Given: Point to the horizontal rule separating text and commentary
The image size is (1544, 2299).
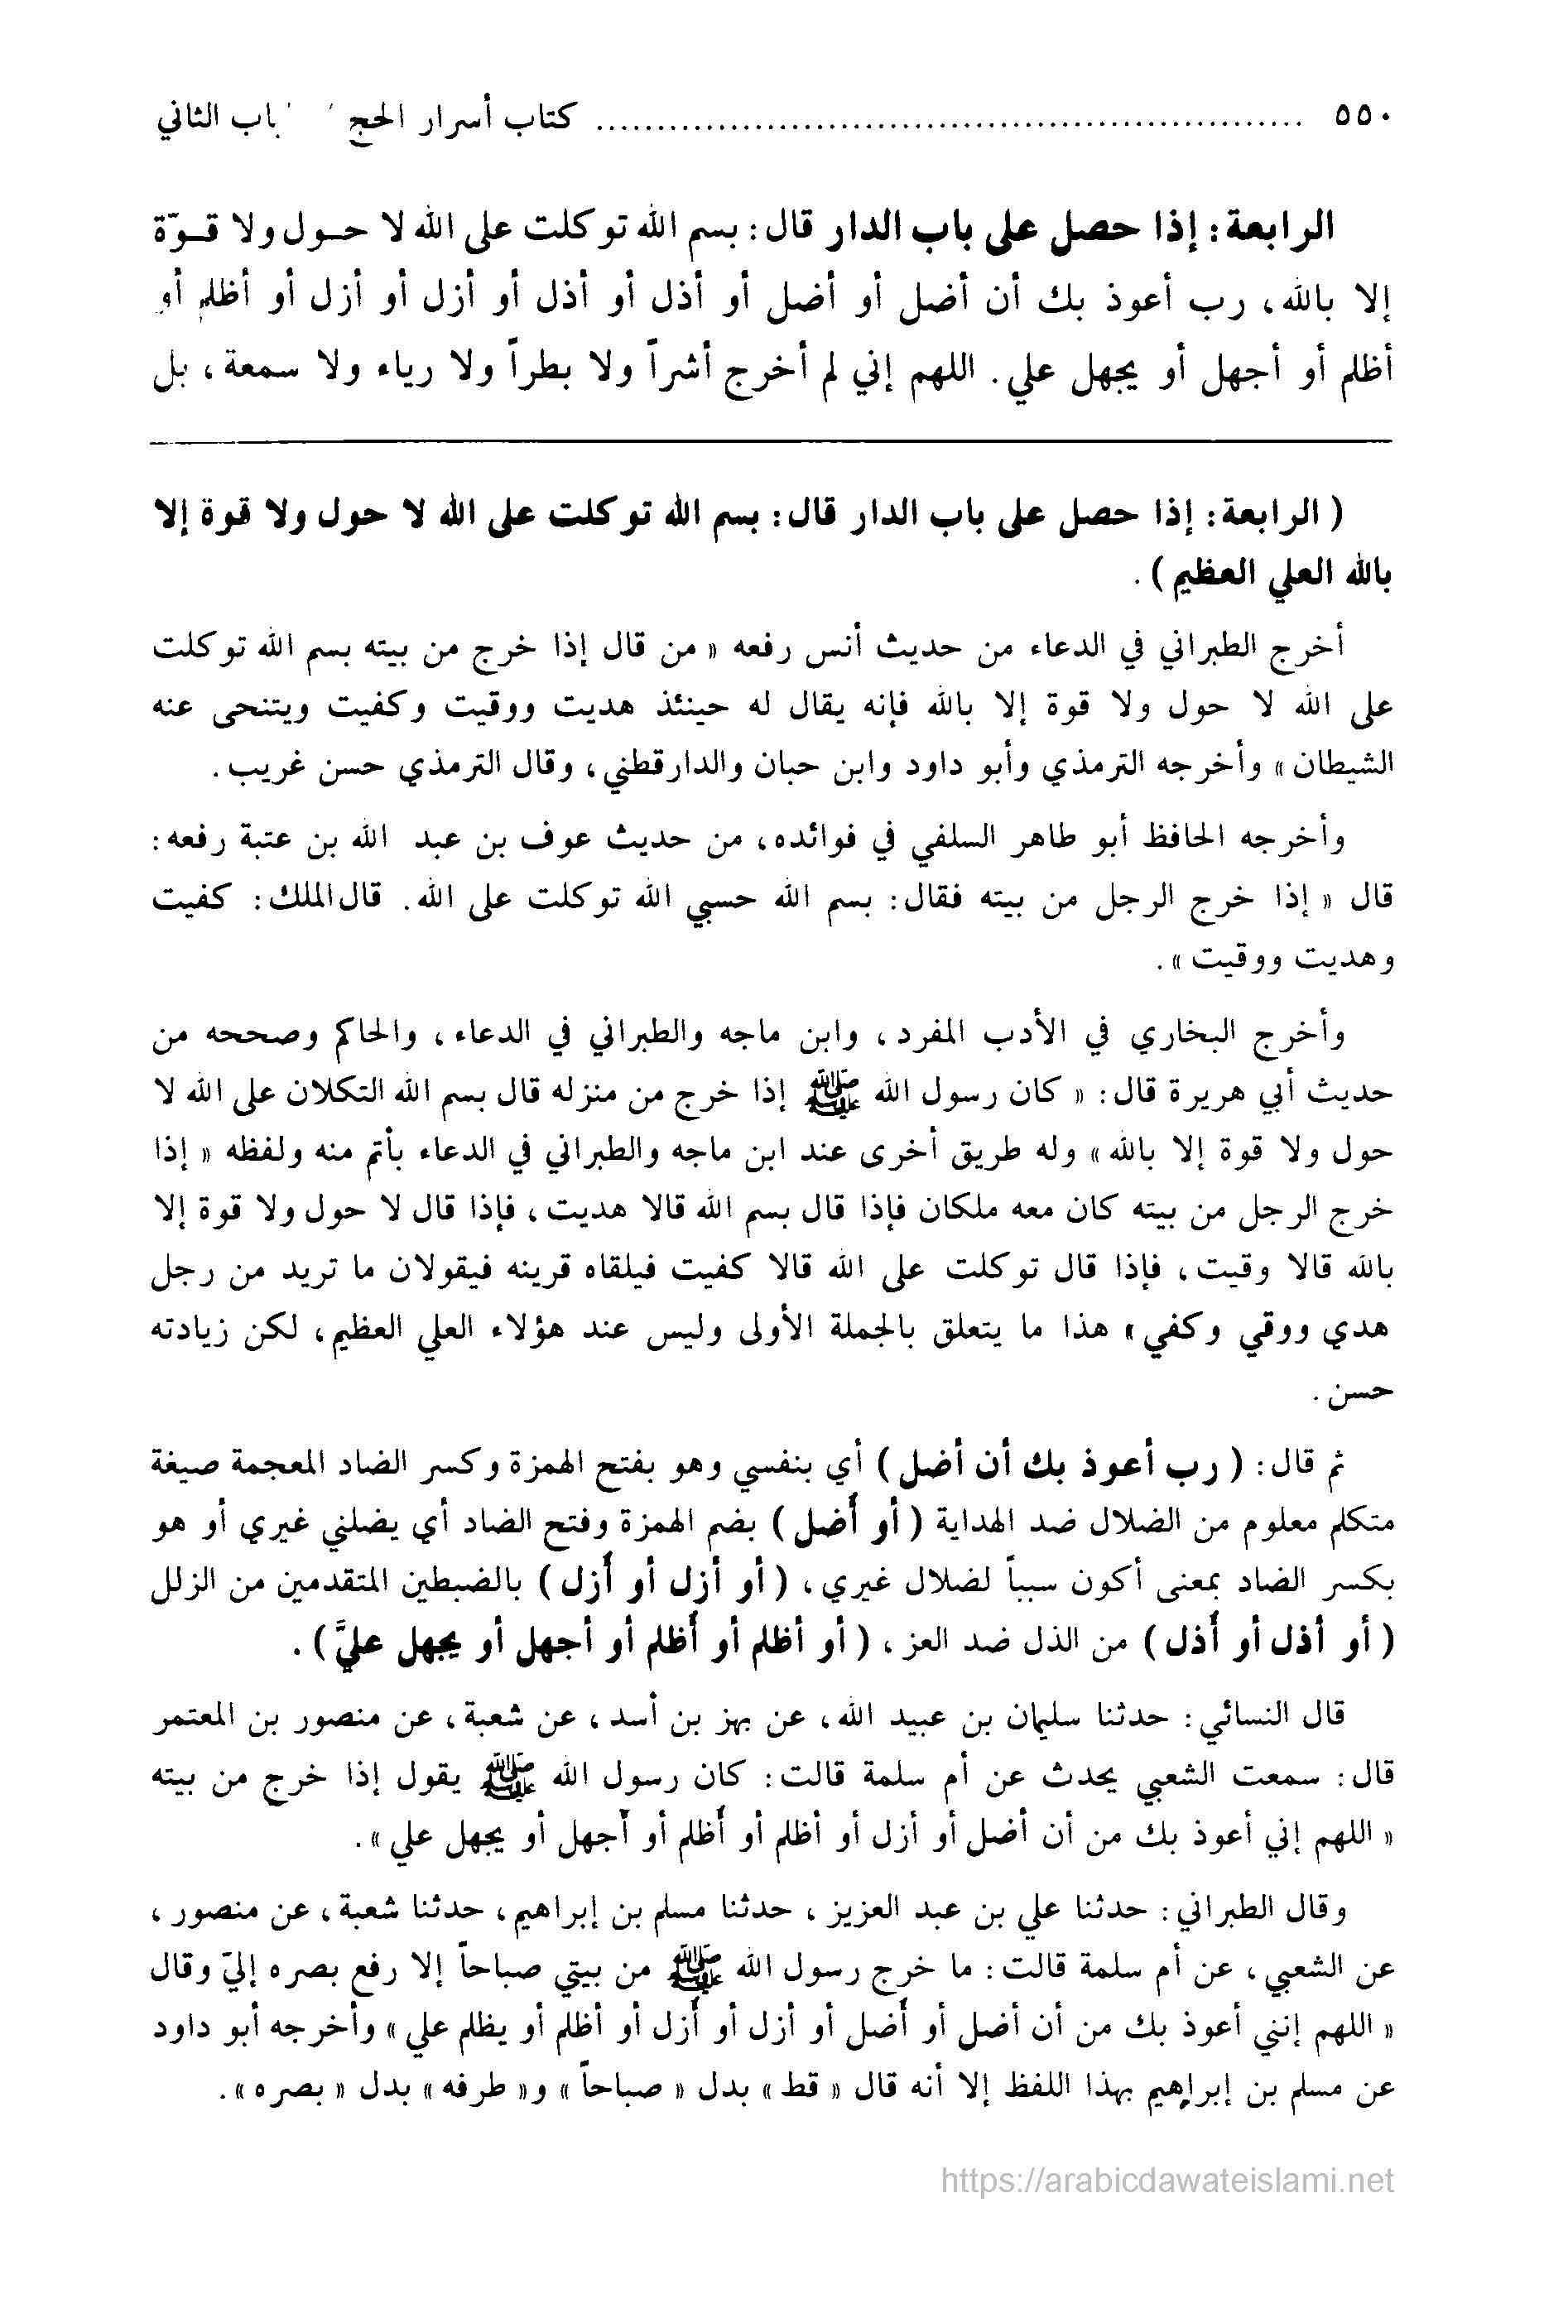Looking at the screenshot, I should pyautogui.click(x=772, y=441).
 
